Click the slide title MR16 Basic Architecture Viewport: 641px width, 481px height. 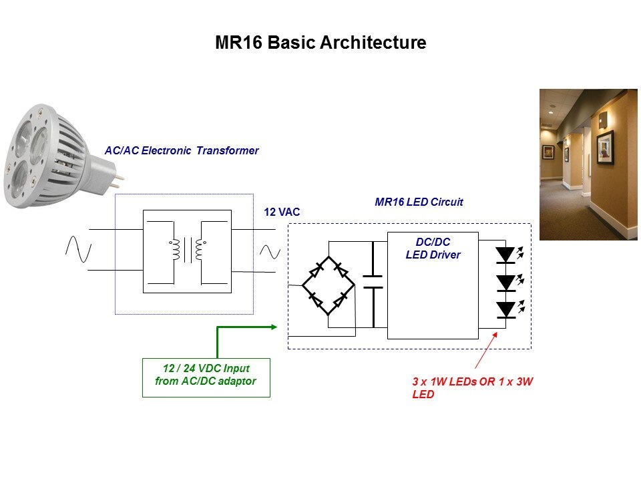tap(320, 43)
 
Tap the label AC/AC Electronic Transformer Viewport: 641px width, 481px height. tap(181, 151)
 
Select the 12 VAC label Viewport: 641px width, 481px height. tap(282, 212)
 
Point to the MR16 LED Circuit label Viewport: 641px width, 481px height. tap(419, 201)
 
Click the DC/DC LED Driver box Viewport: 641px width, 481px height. tap(433, 285)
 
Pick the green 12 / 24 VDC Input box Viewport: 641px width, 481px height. tap(206, 377)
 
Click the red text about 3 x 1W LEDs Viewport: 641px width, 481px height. tap(472, 387)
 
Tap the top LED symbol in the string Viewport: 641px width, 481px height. tap(505, 255)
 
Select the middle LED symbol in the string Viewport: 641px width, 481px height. tap(505, 282)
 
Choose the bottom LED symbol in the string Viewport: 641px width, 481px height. tap(505, 309)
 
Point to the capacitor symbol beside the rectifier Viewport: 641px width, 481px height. tap(373, 281)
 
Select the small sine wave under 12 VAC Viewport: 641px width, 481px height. tap(270, 252)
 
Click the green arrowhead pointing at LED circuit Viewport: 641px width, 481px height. tap(272, 327)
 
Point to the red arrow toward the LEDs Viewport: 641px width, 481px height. tap(485, 349)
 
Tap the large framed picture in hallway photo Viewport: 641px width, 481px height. tap(605, 146)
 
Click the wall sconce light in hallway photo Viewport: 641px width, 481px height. tap(603, 121)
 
